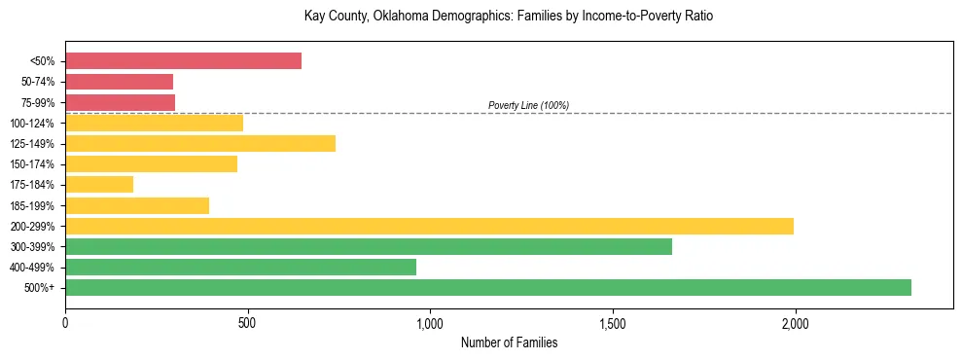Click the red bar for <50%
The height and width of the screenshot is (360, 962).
183,61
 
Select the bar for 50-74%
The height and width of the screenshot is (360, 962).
119,82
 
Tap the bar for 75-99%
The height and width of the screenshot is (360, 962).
120,102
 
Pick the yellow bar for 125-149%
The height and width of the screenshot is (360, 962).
200,144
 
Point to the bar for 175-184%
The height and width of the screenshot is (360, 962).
99,185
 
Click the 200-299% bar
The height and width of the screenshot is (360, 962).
429,227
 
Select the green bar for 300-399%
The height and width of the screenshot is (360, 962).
369,247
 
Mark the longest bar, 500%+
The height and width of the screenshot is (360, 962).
488,288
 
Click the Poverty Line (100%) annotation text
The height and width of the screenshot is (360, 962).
528,105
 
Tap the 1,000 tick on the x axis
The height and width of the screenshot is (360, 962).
430,323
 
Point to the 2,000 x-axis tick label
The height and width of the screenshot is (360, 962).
795,323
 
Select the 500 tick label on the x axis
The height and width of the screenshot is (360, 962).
247,323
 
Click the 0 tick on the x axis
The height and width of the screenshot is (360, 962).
65,323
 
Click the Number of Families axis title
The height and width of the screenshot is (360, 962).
509,342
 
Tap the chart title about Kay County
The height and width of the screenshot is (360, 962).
509,17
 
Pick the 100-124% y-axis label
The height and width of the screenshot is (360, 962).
32,124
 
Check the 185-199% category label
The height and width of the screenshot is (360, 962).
32,206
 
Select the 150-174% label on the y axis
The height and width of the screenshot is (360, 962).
32,164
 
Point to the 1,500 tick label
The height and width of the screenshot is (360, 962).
613,323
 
